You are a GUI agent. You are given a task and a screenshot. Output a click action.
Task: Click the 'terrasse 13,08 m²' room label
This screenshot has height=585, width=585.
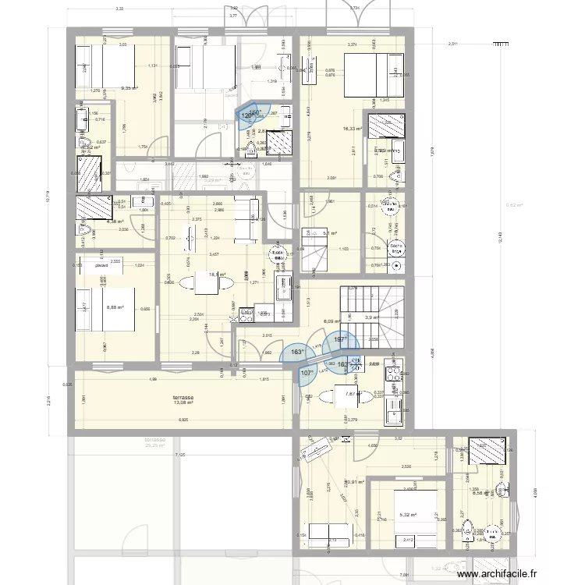coord(183,399)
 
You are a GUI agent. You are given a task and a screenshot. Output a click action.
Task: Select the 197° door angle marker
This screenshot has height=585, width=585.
coord(340,340)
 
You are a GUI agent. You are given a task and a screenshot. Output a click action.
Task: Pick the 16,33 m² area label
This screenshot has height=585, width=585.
coord(353,129)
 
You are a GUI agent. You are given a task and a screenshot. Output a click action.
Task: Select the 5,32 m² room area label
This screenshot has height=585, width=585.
coord(408,515)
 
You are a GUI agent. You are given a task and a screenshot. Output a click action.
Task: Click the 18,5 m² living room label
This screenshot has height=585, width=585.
coord(216,275)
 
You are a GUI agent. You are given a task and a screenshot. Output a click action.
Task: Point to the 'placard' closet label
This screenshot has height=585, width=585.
coord(101,265)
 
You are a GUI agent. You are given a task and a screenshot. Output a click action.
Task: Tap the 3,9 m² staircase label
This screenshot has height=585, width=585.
coord(372,317)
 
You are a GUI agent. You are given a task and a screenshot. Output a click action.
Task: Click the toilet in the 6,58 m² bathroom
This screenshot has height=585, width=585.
coord(466,531)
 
